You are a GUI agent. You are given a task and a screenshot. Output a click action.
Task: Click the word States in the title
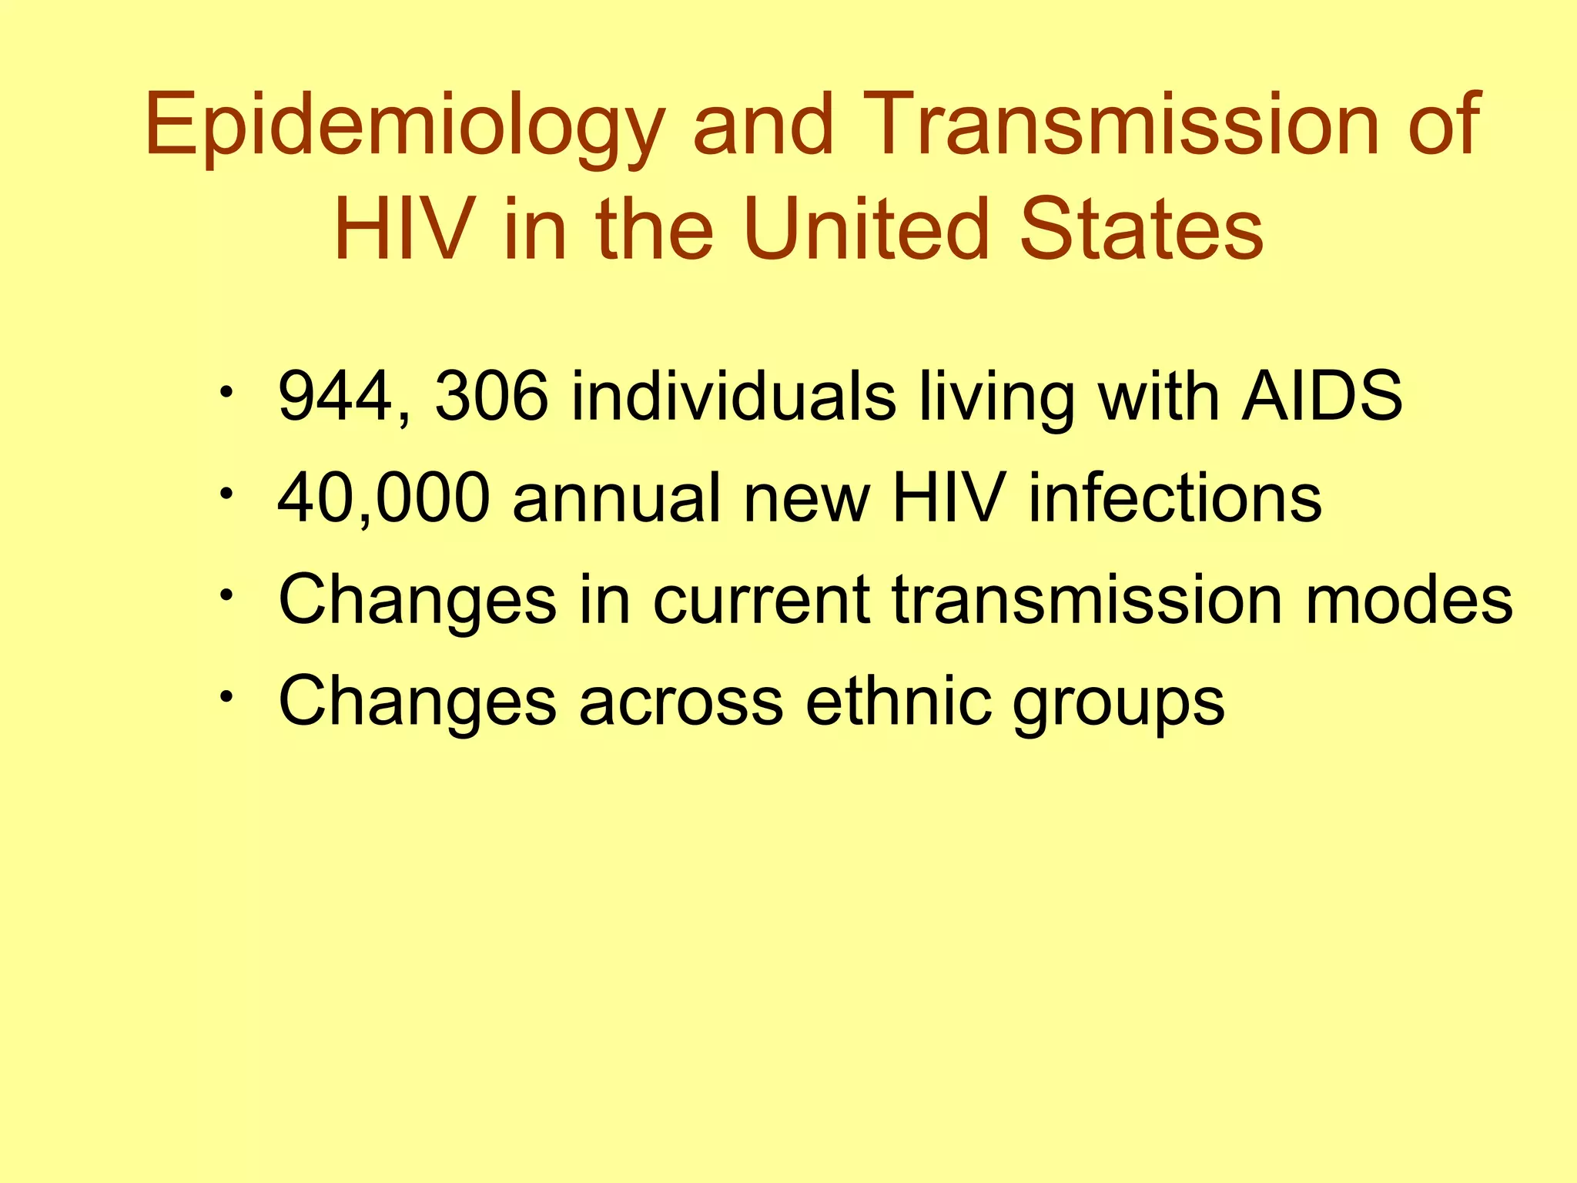click(1141, 229)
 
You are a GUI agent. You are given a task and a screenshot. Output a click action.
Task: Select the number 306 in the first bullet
click(491, 397)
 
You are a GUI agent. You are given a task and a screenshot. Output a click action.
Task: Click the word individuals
click(734, 397)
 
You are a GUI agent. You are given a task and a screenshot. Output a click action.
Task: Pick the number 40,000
click(383, 499)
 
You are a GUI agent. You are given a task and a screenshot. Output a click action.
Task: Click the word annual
click(617, 499)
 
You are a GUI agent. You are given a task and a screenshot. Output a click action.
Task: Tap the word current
click(762, 602)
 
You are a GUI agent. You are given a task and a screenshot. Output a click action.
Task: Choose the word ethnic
click(899, 700)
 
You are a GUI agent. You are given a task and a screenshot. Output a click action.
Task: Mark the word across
click(681, 702)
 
